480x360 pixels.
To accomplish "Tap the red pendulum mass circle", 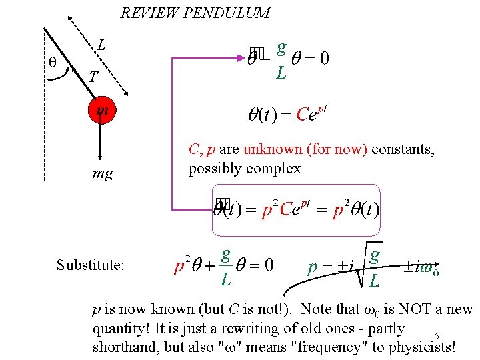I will pyautogui.click(x=99, y=111).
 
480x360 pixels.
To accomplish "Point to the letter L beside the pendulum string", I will pyautogui.click(x=101, y=45).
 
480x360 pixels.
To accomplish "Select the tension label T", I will pyautogui.click(x=94, y=77).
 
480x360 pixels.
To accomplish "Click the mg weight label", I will pyautogui.click(x=102, y=175).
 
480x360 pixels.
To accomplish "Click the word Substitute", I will pyautogui.click(x=90, y=265).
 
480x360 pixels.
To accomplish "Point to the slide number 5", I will pyautogui.click(x=436, y=335).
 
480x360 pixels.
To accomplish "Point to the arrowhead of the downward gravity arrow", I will pyautogui.click(x=100, y=161).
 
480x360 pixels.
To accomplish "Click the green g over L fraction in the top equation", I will pyautogui.click(x=281, y=59).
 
